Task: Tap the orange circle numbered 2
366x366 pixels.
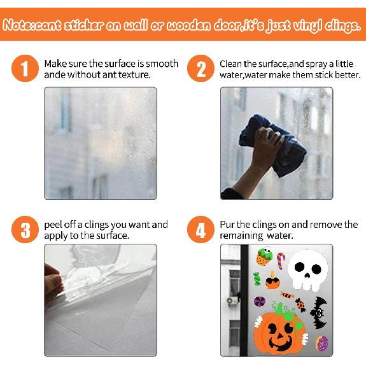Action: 202,69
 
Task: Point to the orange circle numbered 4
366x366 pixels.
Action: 202,230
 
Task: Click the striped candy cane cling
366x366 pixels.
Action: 281,260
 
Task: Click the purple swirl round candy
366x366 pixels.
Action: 260,301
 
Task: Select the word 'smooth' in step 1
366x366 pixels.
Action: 162,64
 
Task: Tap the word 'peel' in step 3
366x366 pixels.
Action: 53,225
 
